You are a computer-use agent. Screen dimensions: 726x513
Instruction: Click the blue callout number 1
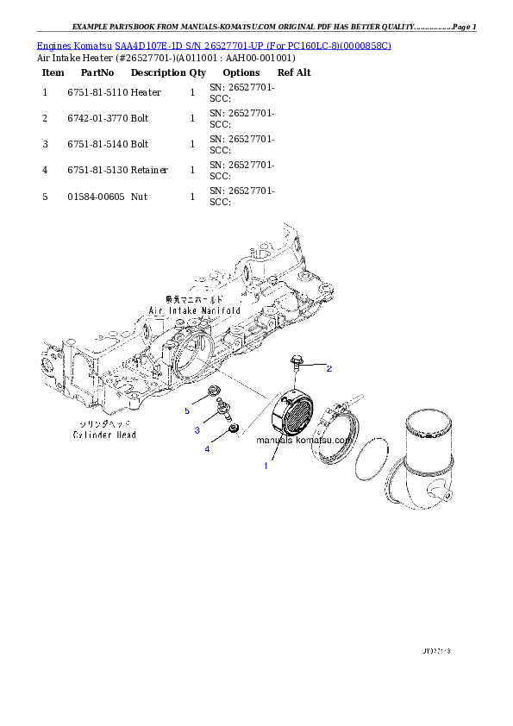(x=266, y=466)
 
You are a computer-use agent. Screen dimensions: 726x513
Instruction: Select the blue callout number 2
(x=328, y=368)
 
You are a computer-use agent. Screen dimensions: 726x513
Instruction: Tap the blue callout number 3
(x=197, y=429)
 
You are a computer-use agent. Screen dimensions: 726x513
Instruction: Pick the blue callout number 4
(x=207, y=448)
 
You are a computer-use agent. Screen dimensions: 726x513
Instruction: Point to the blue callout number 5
(x=186, y=411)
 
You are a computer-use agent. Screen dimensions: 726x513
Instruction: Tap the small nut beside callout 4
(x=231, y=429)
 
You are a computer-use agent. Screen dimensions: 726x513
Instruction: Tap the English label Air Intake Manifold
(x=194, y=309)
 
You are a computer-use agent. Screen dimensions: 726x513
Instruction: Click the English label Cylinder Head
(x=103, y=435)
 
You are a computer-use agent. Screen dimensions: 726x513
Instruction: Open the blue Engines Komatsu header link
(x=214, y=45)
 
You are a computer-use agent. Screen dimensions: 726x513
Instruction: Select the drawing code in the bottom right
(x=436, y=651)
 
